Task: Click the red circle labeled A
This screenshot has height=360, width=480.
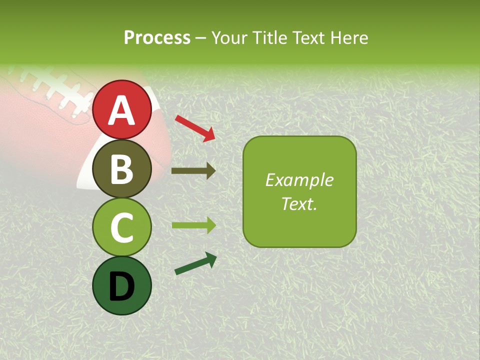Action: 121,109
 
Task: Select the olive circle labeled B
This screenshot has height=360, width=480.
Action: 121,168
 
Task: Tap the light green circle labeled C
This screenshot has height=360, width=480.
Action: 121,227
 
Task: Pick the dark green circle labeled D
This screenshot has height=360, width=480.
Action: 121,285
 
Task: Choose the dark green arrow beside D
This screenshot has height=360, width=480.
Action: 195,263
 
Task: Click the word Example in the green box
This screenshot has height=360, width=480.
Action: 299,180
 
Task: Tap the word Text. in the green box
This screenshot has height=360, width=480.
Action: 299,204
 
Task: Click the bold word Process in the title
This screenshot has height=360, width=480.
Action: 157,37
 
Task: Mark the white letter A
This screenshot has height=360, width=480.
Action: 121,110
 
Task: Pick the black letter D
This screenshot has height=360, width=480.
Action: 121,286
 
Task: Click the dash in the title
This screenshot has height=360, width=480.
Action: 200,38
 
